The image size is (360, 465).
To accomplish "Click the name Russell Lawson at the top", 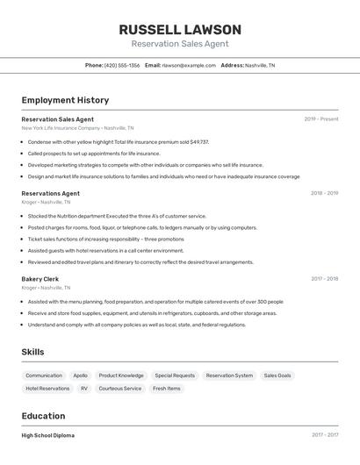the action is (180, 30).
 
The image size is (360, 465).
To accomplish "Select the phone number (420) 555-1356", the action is (122, 65).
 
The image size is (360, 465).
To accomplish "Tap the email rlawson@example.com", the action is (189, 65).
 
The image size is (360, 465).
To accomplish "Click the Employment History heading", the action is (65, 100).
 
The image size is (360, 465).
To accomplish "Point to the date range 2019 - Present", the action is (321, 119).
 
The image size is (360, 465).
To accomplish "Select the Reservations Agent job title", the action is (51, 193).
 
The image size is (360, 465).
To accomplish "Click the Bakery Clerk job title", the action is (40, 279).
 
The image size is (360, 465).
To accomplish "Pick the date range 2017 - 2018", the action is (324, 279).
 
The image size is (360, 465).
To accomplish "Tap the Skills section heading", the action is (33, 352).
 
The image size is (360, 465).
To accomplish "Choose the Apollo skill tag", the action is (80, 376).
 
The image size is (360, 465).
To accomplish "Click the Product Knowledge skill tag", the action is (121, 376).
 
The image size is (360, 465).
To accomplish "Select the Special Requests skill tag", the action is (175, 376).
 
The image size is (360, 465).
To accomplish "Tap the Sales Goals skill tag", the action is (277, 376).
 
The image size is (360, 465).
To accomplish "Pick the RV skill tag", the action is (84, 388).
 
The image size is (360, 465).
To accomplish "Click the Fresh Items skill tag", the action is (167, 388).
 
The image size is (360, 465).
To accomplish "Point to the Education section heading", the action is (44, 416).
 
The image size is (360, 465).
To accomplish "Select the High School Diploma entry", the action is (48, 435).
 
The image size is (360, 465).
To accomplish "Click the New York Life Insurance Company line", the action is (77, 128).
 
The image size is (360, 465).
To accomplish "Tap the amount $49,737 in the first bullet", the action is (199, 141).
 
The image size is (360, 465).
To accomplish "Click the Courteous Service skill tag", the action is (120, 388).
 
